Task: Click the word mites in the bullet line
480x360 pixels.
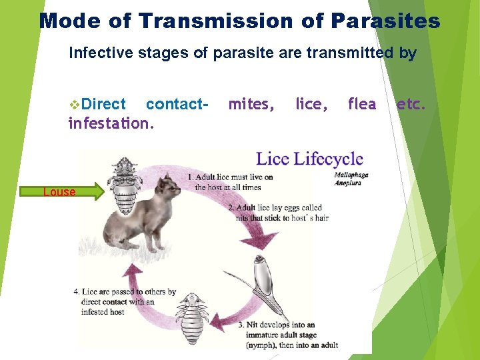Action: pos(251,104)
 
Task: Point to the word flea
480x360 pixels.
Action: pos(361,104)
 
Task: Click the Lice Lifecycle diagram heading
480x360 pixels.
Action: pos(309,159)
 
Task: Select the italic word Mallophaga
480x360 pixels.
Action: pos(351,175)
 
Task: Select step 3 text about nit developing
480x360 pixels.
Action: pos(287,335)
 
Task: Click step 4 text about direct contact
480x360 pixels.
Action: pos(124,301)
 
